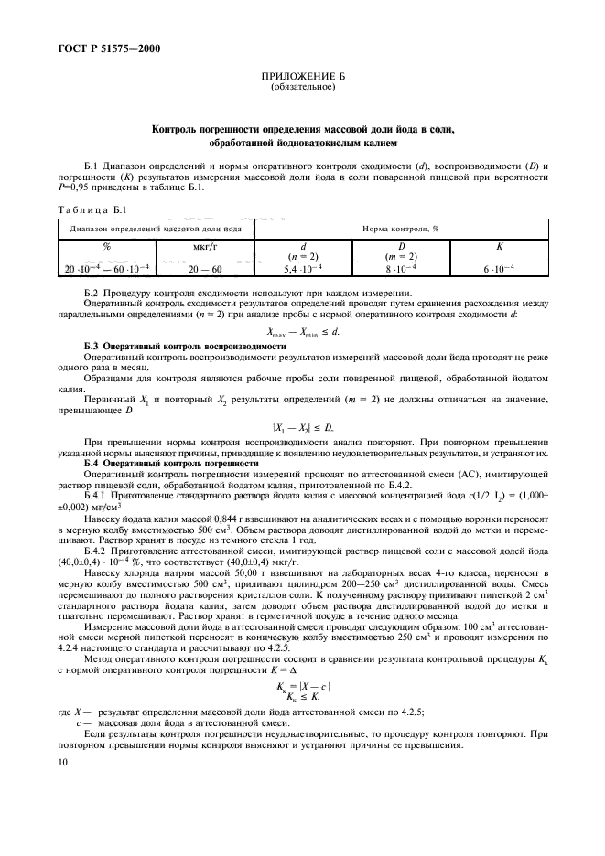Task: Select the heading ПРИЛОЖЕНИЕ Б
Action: point(303,79)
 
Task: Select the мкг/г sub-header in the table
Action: point(204,246)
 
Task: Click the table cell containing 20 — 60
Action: point(204,270)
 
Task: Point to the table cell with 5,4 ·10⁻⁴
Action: point(303,270)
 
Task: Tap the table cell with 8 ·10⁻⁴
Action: point(400,270)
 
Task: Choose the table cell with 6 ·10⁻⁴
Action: point(499,270)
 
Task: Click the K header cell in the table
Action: point(499,246)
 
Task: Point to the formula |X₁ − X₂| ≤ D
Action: point(302,428)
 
